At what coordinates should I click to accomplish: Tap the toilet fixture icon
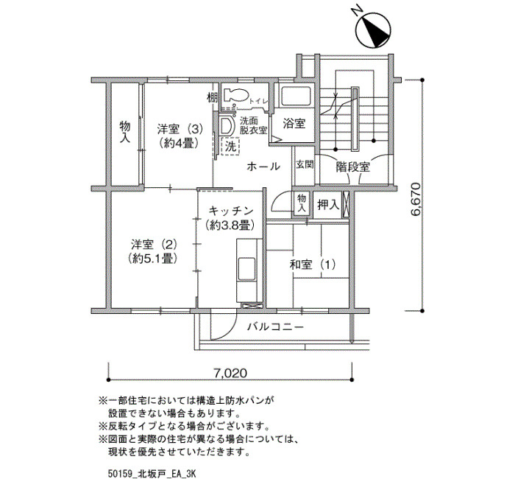[235, 95]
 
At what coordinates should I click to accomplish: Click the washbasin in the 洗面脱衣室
[227, 126]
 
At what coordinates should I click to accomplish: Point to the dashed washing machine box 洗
[230, 147]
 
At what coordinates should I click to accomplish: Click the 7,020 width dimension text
[230, 373]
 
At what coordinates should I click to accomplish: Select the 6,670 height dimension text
[416, 199]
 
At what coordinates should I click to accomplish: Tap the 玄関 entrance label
[305, 164]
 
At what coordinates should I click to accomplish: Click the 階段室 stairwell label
[352, 167]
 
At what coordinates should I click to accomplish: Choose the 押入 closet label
[328, 205]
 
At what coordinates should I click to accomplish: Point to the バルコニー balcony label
[275, 326]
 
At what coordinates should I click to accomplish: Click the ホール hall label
[263, 167]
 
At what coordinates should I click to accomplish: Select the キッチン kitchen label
[231, 211]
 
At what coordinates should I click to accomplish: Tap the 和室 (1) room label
[313, 265]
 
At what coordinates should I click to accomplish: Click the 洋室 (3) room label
[180, 129]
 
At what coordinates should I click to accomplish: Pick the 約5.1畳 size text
[153, 259]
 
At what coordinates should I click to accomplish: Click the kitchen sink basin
[246, 268]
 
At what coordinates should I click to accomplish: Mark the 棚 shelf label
[212, 97]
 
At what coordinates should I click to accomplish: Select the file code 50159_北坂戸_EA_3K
[152, 474]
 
